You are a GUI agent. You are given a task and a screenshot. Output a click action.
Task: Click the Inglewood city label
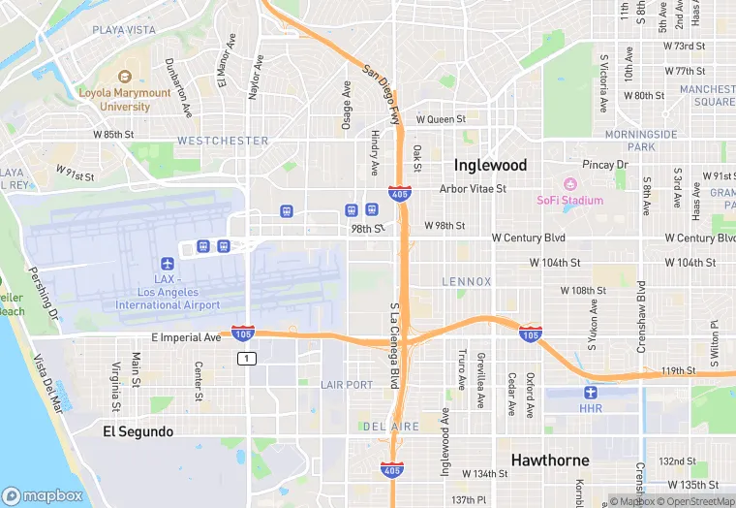pyautogui.click(x=490, y=165)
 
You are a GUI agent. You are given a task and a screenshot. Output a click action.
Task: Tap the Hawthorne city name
pyautogui.click(x=550, y=460)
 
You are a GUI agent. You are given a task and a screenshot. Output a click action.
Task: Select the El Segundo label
pyautogui.click(x=138, y=431)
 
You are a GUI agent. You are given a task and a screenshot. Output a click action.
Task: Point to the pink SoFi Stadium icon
pyautogui.click(x=570, y=184)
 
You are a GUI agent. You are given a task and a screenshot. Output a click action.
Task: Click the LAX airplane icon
pyautogui.click(x=168, y=264)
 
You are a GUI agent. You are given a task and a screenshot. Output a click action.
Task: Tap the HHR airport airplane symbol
pyautogui.click(x=591, y=392)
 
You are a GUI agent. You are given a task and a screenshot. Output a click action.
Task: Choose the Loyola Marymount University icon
pyautogui.click(x=125, y=76)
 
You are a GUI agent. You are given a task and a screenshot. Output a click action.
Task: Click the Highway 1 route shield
pyautogui.click(x=248, y=359)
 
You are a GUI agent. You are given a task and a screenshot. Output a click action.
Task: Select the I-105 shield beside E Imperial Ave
pyautogui.click(x=242, y=333)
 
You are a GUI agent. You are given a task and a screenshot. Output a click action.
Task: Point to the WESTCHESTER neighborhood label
pyautogui.click(x=223, y=141)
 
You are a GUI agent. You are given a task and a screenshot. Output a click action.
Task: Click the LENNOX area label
pyautogui.click(x=467, y=282)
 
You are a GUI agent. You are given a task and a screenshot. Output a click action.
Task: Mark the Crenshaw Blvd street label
pyautogui.click(x=641, y=311)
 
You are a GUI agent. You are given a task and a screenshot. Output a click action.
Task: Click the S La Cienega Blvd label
pyautogui.click(x=394, y=343)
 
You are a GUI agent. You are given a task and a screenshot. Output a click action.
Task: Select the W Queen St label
pyautogui.click(x=441, y=120)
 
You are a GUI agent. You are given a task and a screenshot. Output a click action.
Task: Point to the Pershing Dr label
pyautogui.click(x=46, y=301)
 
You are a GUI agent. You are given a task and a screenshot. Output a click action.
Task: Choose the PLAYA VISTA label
pyautogui.click(x=124, y=30)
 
